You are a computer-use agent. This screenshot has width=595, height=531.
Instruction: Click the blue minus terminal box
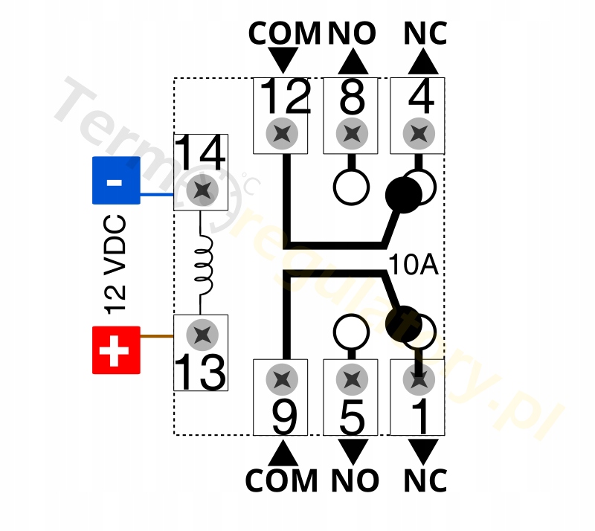click(116, 180)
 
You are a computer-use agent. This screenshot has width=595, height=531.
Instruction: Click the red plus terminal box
click(116, 350)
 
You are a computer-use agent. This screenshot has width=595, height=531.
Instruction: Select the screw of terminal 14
click(201, 190)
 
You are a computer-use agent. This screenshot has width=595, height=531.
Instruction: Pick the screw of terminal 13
click(201, 334)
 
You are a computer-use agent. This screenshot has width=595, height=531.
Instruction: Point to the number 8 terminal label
click(352, 97)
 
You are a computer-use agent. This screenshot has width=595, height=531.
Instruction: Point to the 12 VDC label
click(116, 264)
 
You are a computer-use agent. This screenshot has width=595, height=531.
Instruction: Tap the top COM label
click(284, 33)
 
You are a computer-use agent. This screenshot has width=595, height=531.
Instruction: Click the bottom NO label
click(353, 481)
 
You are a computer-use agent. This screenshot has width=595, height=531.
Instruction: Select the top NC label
click(425, 33)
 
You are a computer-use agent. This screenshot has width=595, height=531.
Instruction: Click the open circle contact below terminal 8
click(351, 186)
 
